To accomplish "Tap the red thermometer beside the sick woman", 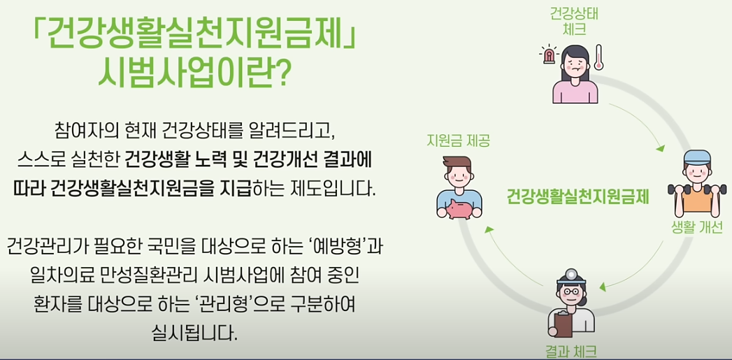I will [x=598, y=57].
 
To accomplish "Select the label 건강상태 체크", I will [x=574, y=21].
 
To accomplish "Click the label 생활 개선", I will [x=696, y=228].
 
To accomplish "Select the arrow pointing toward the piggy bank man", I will [x=489, y=233].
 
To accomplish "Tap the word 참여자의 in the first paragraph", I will [x=82, y=131].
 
